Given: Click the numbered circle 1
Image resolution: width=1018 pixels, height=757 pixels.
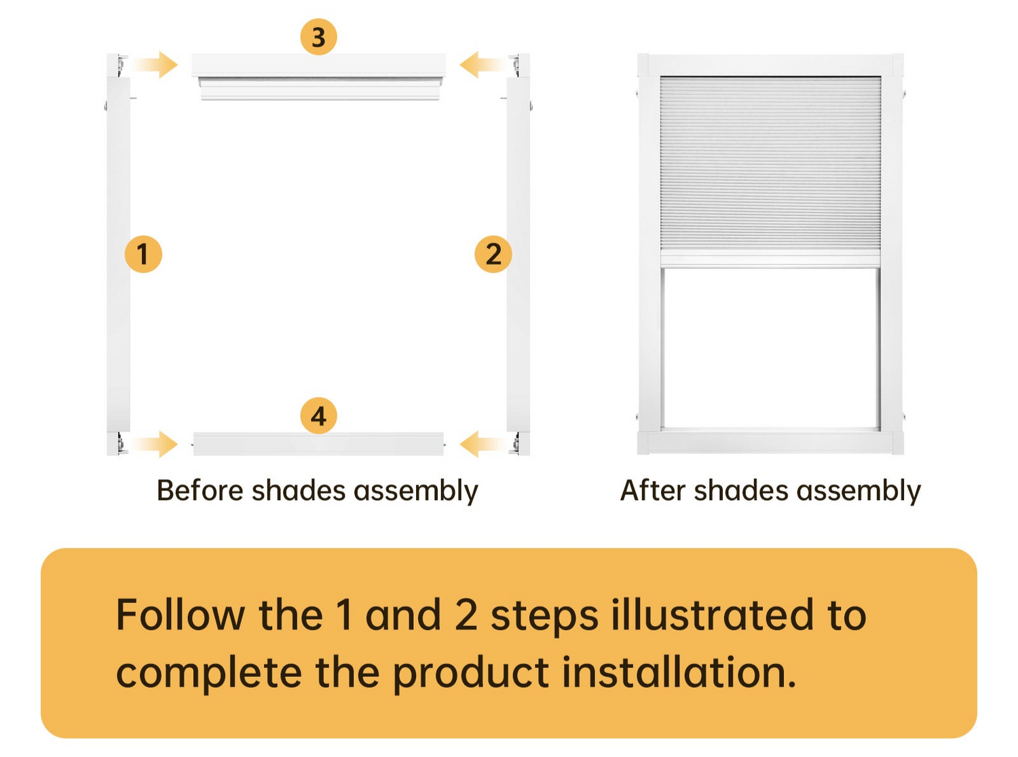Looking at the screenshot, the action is click(x=143, y=254).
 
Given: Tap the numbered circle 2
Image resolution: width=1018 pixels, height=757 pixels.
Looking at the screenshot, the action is click(x=493, y=254).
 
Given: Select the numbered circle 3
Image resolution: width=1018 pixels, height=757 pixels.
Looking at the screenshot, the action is click(x=318, y=37).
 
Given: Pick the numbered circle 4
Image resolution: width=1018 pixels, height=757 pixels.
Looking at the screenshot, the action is click(x=318, y=416).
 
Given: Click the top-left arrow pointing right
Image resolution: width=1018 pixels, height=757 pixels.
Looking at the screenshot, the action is click(x=154, y=64).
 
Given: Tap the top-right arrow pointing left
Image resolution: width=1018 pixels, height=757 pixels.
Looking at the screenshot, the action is click(x=483, y=64).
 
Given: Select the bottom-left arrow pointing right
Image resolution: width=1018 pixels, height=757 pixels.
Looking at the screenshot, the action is click(x=154, y=444).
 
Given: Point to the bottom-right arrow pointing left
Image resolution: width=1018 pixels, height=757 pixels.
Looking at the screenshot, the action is click(x=483, y=444).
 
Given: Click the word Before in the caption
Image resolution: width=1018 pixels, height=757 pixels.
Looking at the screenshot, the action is click(x=202, y=490).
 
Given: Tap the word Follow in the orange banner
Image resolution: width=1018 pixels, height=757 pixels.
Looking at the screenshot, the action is click(x=180, y=614).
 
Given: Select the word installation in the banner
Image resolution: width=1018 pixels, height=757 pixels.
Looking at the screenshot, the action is click(x=679, y=672).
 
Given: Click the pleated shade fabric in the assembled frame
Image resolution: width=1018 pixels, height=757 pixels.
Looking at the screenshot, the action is click(x=770, y=163).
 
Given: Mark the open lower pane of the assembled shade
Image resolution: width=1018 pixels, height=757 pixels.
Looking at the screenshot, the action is click(x=770, y=348).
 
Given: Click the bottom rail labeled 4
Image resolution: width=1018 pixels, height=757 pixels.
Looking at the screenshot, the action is click(x=318, y=444).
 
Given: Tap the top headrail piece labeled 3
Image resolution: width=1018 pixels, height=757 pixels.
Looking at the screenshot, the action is click(x=318, y=77).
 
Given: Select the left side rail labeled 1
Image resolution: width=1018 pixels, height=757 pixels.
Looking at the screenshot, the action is click(x=118, y=255).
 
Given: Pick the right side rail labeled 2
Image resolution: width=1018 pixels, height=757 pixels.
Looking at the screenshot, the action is click(x=519, y=255).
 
